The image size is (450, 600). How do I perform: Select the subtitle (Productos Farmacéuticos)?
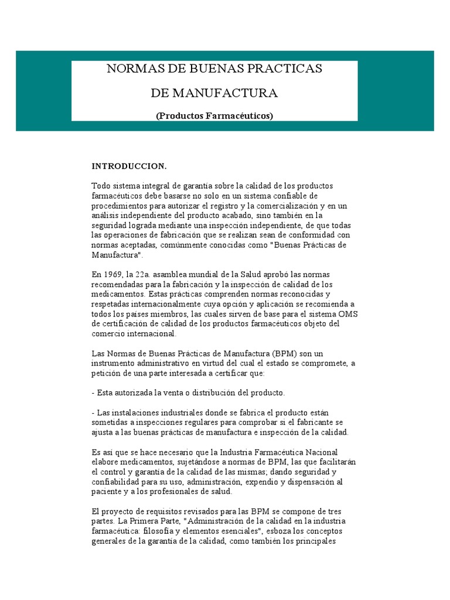(214, 116)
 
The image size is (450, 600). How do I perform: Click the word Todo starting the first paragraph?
(101, 185)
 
